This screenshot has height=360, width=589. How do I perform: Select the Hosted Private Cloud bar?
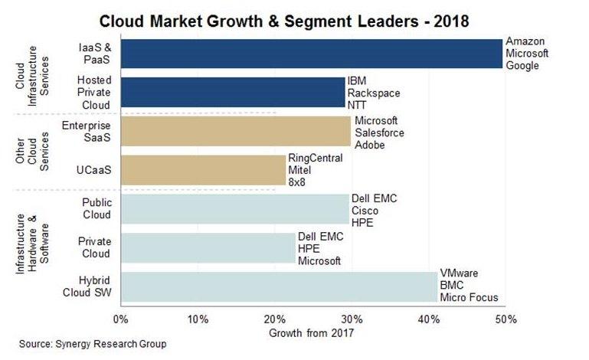231,92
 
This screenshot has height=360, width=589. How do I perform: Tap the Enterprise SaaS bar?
234,132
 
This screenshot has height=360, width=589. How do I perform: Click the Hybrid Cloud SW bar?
278,286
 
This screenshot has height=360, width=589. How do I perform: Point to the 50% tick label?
505,317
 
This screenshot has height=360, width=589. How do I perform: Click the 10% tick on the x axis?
198,317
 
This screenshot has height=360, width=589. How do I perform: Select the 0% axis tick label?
119,317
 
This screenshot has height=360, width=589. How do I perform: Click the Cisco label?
364,210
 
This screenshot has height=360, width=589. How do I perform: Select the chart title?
294,17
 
